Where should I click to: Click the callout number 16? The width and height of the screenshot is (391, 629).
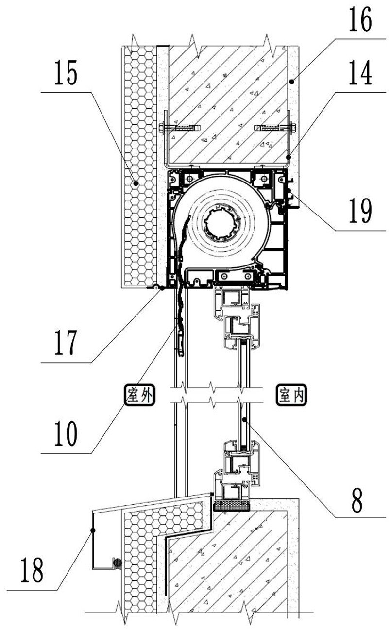point(360,19)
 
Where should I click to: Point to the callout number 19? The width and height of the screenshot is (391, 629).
point(360,210)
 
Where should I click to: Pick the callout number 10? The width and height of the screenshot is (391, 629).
point(66,433)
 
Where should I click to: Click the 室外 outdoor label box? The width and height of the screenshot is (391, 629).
point(140,395)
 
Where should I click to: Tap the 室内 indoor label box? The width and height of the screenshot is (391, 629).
point(291,395)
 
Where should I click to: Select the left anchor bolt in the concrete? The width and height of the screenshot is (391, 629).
point(180,128)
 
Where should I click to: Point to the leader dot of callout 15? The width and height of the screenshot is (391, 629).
point(136,183)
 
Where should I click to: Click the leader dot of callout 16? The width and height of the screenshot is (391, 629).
point(292,82)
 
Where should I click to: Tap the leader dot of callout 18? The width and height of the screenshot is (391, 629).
point(93,530)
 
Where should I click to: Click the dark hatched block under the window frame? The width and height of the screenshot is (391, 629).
point(232,506)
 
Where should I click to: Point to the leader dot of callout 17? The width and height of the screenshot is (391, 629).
point(162,288)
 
